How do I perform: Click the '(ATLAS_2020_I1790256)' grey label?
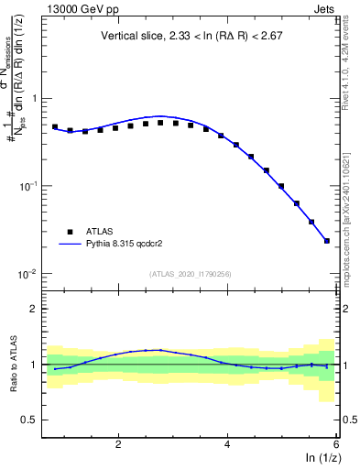[x=191, y=273]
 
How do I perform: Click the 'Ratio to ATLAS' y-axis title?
[x=12, y=365]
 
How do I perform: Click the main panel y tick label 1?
[x=35, y=98]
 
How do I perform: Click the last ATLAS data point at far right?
[x=327, y=241]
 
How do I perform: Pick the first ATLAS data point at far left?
[x=55, y=127]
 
